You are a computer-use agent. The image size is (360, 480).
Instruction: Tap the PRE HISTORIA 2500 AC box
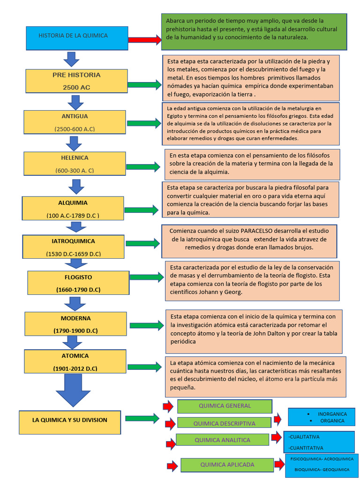tap(76, 81)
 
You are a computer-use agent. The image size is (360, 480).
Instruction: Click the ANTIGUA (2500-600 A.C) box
tap(75, 122)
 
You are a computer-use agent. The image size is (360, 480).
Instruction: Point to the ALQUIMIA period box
tap(73, 209)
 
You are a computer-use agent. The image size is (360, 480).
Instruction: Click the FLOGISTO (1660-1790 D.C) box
tap(78, 283)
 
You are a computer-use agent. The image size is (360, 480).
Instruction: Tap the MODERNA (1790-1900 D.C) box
tap(75, 324)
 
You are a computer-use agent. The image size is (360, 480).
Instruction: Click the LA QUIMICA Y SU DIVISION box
tap(70, 422)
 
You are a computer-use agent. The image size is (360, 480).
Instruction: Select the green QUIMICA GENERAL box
tap(225, 406)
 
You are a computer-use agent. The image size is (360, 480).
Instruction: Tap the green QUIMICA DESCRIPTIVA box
tap(224, 423)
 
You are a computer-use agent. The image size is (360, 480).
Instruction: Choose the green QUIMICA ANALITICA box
tap(222, 440)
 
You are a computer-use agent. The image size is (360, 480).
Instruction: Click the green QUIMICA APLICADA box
tap(227, 465)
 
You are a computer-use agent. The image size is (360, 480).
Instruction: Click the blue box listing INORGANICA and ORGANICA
tap(321, 417)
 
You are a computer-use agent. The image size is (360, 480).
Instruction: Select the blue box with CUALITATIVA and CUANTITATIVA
tap(319, 442)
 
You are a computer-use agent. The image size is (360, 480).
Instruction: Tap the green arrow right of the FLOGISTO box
tap(146, 277)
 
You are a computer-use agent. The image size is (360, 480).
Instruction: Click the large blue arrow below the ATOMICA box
tap(73, 390)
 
